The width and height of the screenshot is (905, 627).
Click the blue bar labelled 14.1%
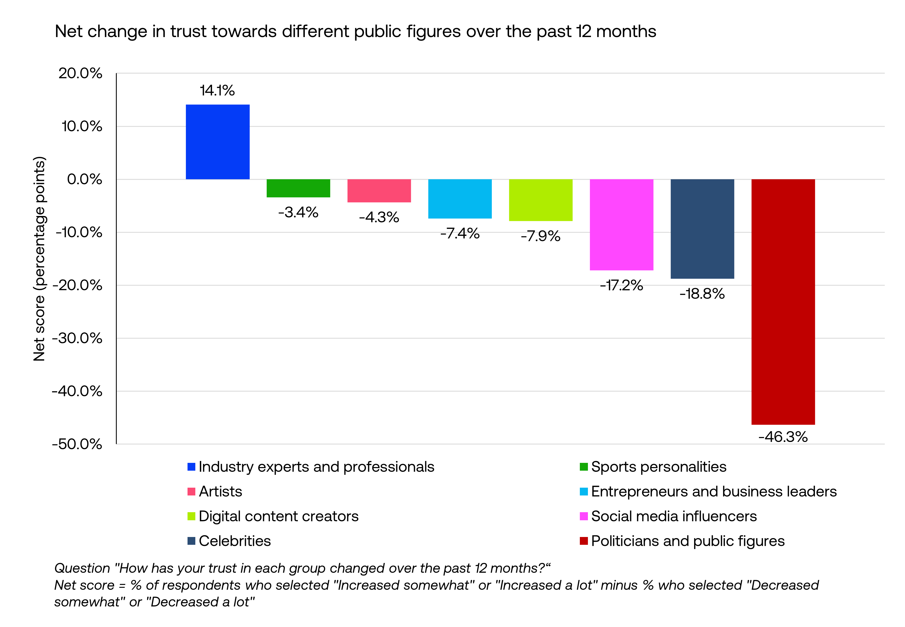point(218,142)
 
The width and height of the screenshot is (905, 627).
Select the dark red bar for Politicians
point(783,302)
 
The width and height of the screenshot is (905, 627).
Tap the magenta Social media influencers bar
point(621,225)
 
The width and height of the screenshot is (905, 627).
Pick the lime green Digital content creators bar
point(541,200)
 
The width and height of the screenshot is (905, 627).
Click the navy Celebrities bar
point(702,229)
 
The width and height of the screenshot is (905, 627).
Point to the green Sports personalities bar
point(298,188)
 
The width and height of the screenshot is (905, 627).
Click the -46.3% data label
point(783,437)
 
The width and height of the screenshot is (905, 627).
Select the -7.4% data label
point(459,233)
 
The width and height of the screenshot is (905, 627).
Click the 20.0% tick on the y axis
point(80,74)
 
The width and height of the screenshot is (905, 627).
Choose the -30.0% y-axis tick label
point(77,338)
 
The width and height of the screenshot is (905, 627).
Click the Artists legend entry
point(220,492)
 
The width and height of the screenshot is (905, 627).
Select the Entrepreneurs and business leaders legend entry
point(713,492)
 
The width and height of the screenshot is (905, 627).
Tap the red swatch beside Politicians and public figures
point(584,541)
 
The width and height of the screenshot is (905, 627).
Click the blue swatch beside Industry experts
point(191,467)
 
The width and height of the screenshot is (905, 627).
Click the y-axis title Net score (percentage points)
point(39,259)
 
